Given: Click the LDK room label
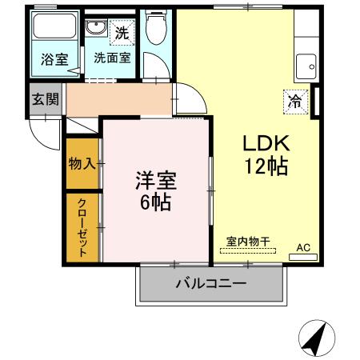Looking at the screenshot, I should [266, 144].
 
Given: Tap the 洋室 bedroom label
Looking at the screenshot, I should [154, 180].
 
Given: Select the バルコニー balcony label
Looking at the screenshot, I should [210, 283].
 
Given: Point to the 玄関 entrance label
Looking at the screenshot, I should [45, 100].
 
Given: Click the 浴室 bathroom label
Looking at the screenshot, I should [54, 58].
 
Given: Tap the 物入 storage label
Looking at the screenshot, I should [82, 163].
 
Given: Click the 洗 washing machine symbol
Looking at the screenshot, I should [122, 33].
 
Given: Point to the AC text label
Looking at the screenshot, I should [303, 247].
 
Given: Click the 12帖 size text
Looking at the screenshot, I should [266, 167].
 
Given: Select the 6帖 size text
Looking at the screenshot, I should [155, 202].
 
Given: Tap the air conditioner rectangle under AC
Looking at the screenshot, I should [302, 258].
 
